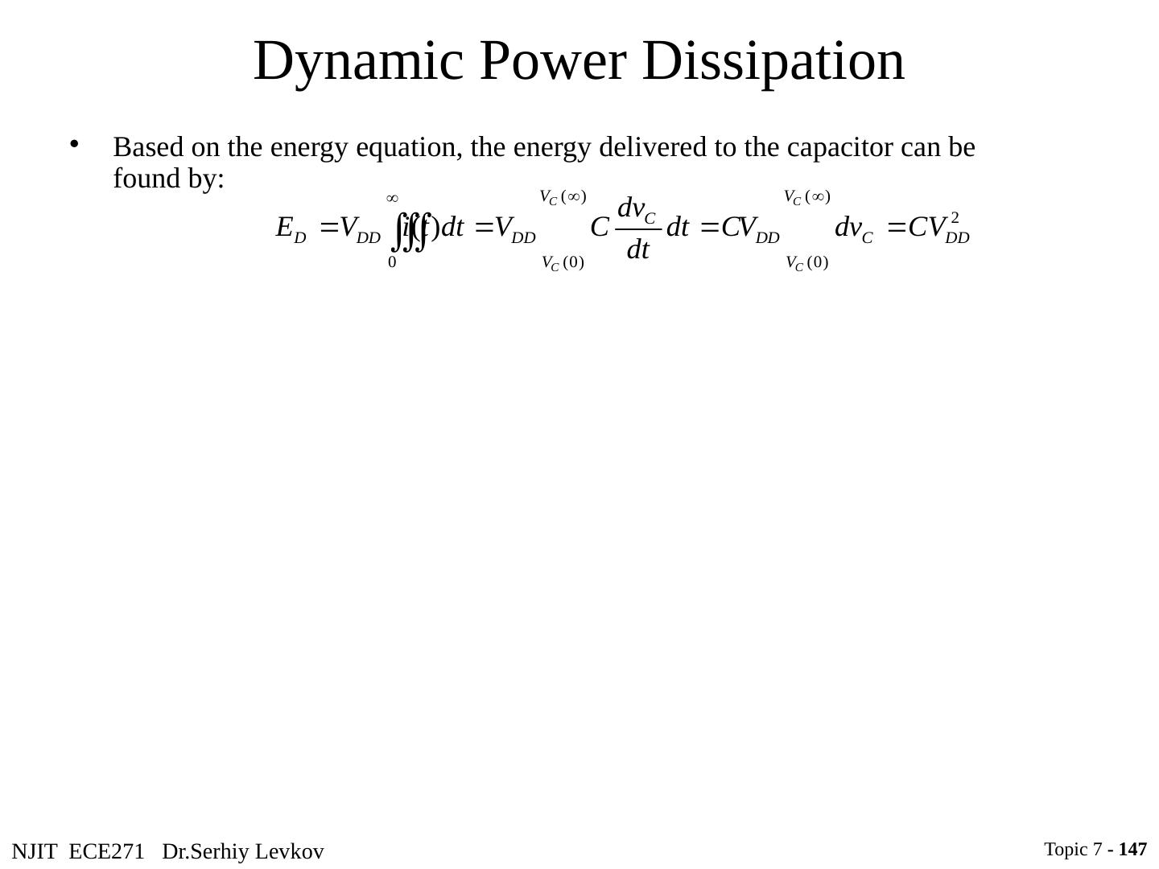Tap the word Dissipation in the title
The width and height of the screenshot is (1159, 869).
[x=773, y=62]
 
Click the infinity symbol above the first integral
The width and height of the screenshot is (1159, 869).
[x=392, y=198]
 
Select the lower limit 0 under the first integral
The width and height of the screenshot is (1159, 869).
[x=392, y=262]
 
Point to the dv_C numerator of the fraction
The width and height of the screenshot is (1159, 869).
[x=637, y=209]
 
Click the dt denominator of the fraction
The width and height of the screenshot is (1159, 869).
[x=637, y=251]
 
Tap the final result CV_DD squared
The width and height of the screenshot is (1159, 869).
[x=938, y=229]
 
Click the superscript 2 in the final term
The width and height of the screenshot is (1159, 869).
[x=955, y=217]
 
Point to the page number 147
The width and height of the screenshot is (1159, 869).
[x=1132, y=849]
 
